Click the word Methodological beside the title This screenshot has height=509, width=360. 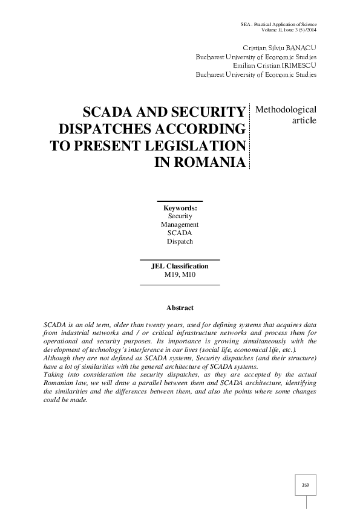(x=286, y=109)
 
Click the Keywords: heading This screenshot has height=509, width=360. (x=180, y=208)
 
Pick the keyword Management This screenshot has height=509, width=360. (x=180, y=224)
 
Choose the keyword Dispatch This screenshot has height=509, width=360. (x=180, y=241)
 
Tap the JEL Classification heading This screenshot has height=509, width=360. (x=180, y=266)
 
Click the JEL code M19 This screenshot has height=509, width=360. (x=172, y=274)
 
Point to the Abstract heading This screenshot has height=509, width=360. (x=180, y=308)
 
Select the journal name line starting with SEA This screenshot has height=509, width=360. (x=278, y=24)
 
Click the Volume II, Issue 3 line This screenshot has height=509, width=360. (x=289, y=30)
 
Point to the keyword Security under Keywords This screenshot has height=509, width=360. (x=180, y=216)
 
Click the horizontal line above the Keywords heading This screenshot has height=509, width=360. (x=180, y=201)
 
